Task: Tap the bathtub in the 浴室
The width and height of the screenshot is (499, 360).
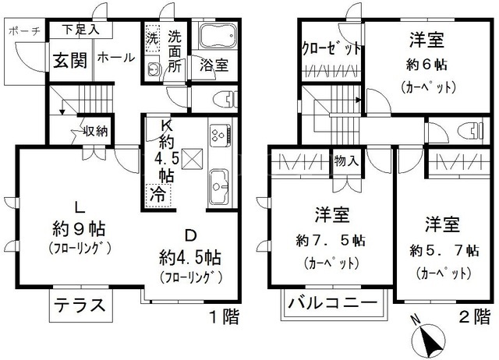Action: [218, 35]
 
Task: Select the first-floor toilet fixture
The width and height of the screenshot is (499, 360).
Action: [225, 99]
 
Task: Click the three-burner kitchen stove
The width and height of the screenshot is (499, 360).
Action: [221, 135]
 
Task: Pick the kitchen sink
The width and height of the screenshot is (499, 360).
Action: [219, 186]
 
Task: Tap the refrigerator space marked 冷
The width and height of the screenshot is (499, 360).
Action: [158, 194]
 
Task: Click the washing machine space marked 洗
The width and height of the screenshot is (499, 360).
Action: [152, 37]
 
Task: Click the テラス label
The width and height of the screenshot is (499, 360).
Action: [80, 305]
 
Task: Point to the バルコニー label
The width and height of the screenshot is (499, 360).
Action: [332, 302]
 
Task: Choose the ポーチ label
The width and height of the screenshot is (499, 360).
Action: [24, 31]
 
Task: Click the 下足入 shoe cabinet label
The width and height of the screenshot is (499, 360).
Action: [80, 30]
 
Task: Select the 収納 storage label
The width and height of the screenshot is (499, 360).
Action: [95, 130]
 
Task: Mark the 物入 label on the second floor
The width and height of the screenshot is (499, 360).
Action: [346, 161]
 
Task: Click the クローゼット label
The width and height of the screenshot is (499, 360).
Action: [331, 48]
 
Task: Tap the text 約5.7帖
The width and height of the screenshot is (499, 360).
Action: [444, 251]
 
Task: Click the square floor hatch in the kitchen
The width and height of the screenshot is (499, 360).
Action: [192, 158]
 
